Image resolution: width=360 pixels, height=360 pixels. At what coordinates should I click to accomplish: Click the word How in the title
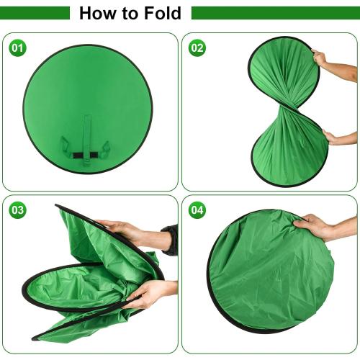click(x=98, y=13)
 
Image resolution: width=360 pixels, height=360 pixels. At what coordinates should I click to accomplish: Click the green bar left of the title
click(x=36, y=13)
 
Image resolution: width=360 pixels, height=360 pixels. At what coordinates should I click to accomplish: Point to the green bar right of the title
click(x=274, y=13)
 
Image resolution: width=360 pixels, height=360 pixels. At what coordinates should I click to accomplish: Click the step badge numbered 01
click(x=17, y=48)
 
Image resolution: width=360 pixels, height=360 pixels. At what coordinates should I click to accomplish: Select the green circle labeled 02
click(x=197, y=48)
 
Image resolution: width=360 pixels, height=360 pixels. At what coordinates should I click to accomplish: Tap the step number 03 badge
click(x=17, y=210)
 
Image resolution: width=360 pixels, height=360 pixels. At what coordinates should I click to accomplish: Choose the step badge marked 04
click(x=197, y=210)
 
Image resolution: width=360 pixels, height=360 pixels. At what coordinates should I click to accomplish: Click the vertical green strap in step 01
click(x=86, y=137)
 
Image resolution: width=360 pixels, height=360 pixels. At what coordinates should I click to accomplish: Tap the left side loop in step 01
click(x=66, y=148)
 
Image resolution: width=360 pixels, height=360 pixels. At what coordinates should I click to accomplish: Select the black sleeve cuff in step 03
click(x=169, y=240)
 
